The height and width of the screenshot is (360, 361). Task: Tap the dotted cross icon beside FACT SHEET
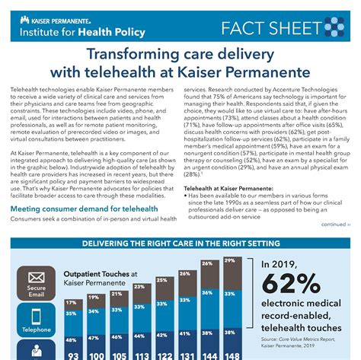pyautogui.click(x=334, y=28)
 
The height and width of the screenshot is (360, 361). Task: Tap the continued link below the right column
pyautogui.click(x=334, y=225)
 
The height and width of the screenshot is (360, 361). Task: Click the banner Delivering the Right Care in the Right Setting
pyautogui.click(x=180, y=244)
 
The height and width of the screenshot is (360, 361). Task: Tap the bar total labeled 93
pyautogui.click(x=72, y=354)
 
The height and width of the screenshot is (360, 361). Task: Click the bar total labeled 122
pyautogui.click(x=164, y=354)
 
